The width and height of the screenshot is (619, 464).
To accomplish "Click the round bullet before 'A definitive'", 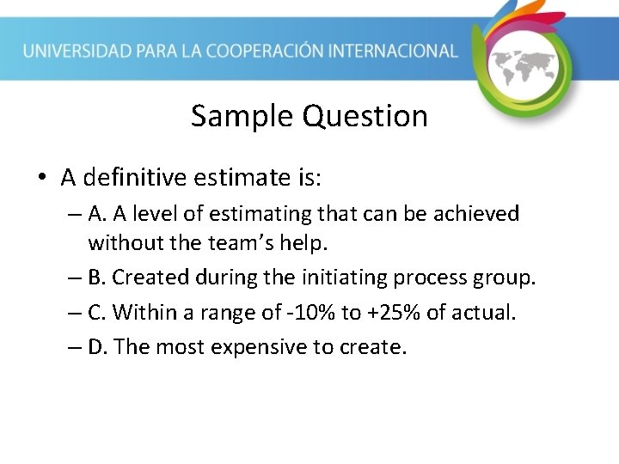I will click(x=41, y=178).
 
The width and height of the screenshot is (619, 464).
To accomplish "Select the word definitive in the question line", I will click(x=145, y=178).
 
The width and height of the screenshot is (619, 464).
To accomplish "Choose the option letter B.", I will click(x=96, y=278).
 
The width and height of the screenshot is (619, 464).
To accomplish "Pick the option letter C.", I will click(x=95, y=312).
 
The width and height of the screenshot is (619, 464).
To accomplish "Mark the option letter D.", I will click(x=97, y=347).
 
